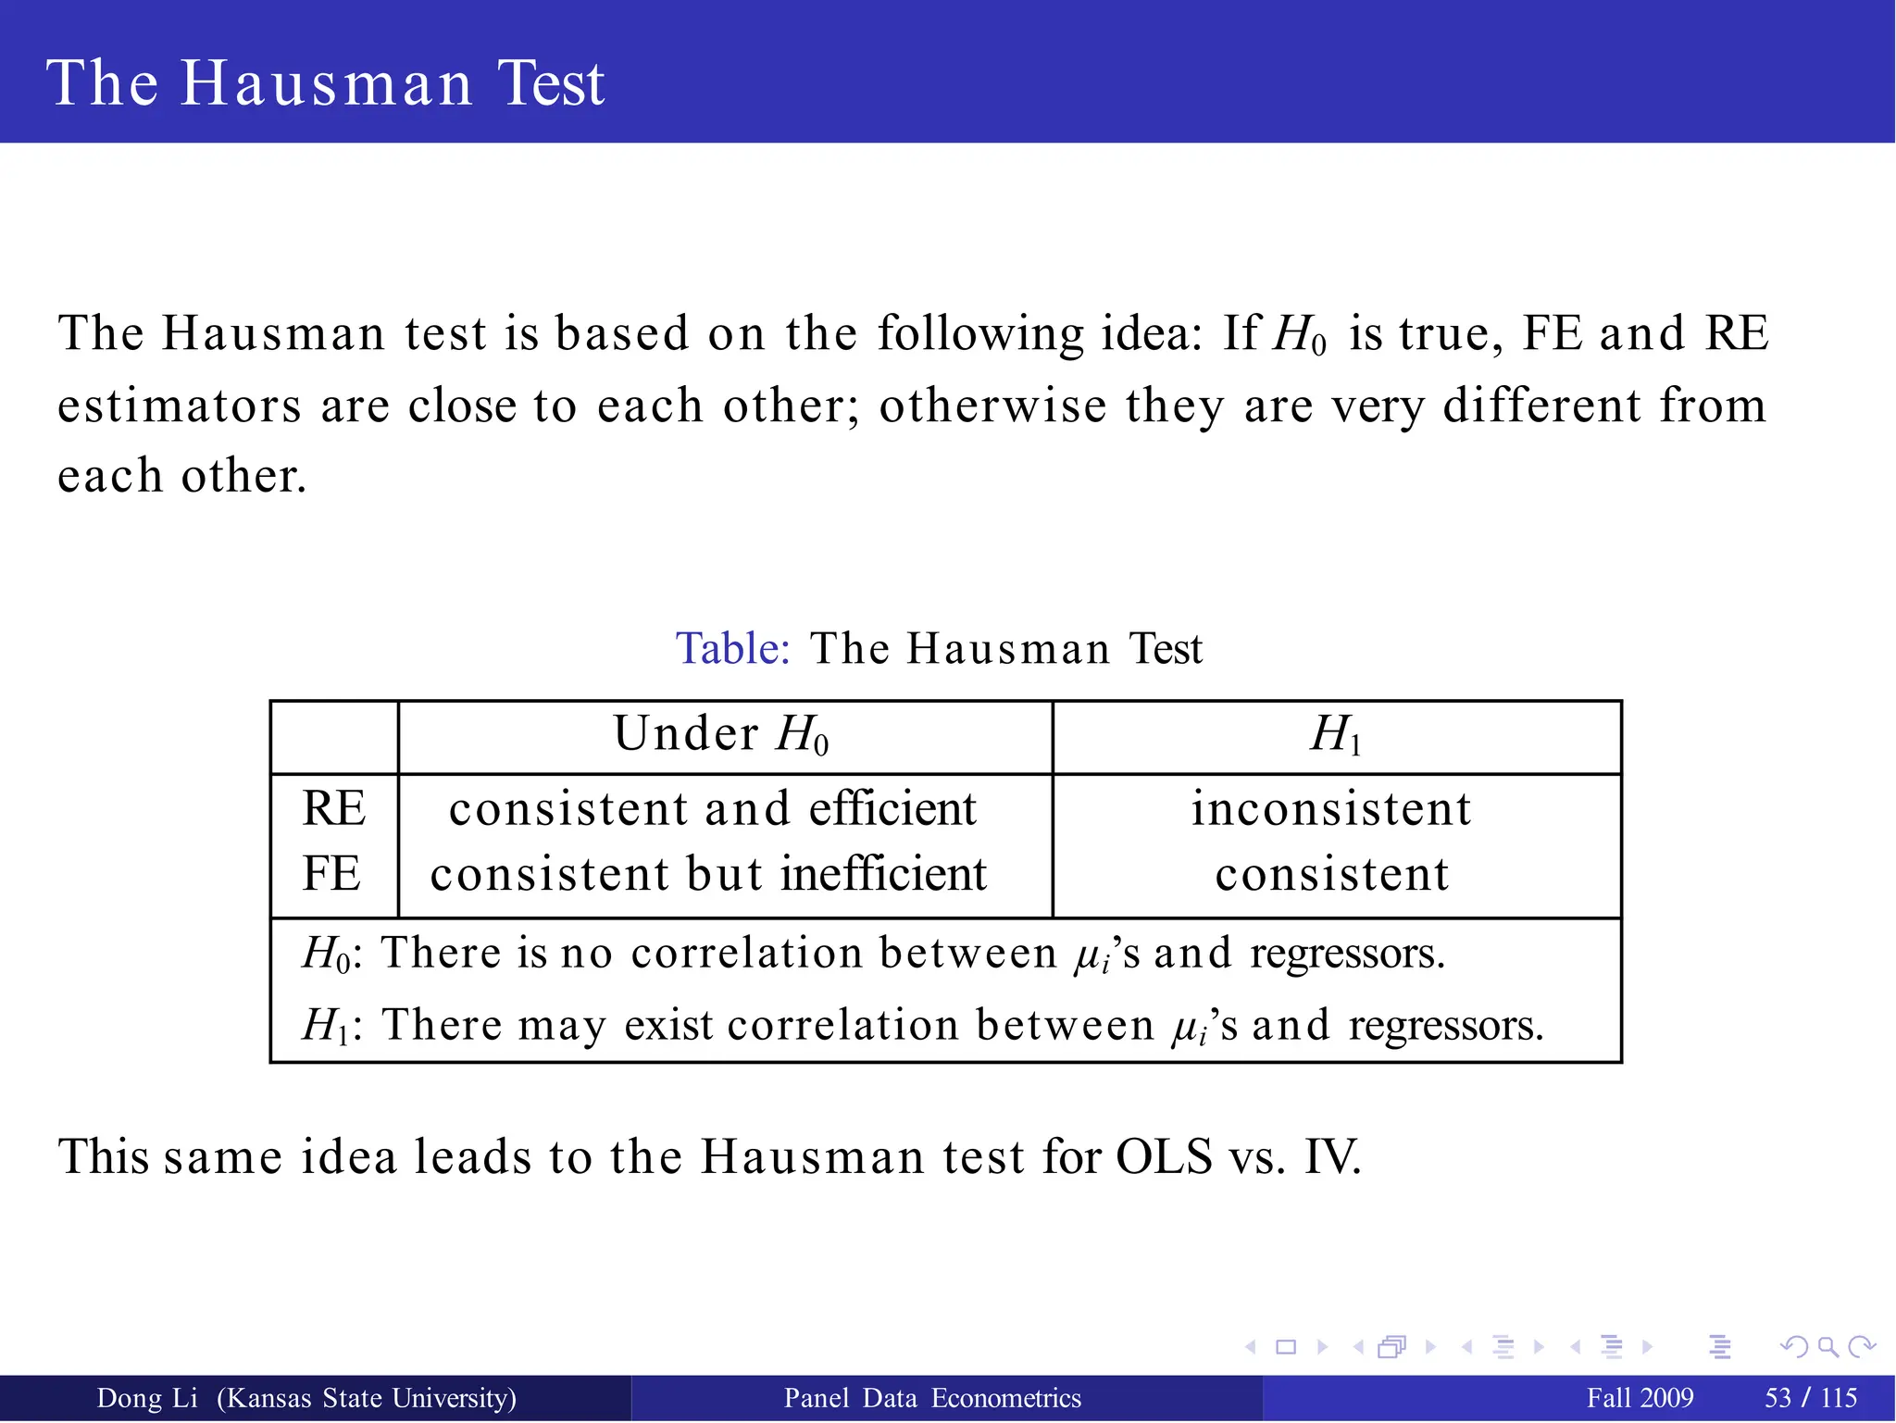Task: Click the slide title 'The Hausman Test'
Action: click(325, 83)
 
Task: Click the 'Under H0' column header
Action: click(721, 735)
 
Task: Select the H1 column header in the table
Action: click(1336, 735)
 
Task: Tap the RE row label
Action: click(333, 808)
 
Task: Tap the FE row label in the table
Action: click(331, 874)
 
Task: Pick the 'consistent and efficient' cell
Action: click(713, 808)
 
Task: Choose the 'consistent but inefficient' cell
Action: click(709, 874)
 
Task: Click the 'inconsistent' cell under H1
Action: click(1331, 808)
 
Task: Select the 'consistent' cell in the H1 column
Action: click(1331, 874)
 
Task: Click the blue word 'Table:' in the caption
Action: click(732, 648)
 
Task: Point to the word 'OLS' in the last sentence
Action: click(1164, 1156)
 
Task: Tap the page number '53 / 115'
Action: click(1811, 1398)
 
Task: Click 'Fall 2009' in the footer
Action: click(1640, 1398)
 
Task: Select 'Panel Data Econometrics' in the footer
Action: click(932, 1398)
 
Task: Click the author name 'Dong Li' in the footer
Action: click(147, 1398)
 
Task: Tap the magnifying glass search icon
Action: click(1827, 1346)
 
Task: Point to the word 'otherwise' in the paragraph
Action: click(992, 406)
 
